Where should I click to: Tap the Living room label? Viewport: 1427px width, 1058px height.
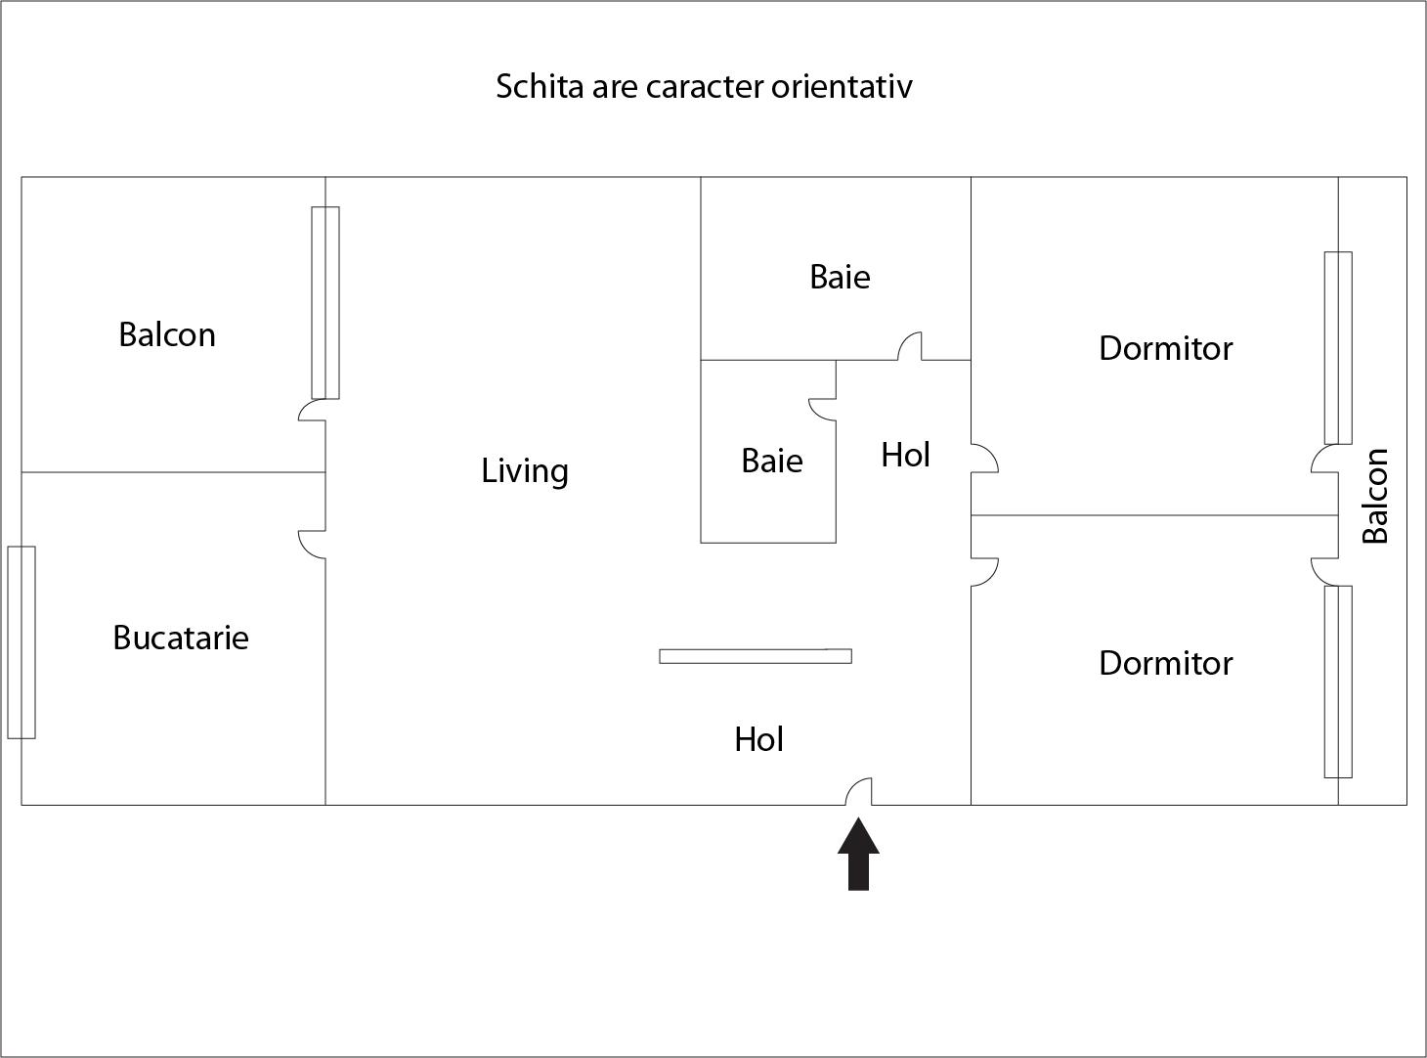525,471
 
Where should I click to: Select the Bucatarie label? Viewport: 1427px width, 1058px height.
181,638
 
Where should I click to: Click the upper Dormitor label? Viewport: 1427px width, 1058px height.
1165,348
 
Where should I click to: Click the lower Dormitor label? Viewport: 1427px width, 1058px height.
1165,663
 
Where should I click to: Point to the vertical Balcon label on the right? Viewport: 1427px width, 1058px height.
1375,495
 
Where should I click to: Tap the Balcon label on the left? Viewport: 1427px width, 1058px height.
167,334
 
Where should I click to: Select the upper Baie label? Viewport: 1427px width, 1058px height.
840,277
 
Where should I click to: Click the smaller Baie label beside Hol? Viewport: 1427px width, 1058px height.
772,461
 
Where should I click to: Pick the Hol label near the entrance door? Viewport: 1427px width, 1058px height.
759,739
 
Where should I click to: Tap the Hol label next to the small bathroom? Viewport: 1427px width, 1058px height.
905,455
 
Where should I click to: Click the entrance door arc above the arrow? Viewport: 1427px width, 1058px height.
859,791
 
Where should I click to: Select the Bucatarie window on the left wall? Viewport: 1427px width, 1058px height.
22,641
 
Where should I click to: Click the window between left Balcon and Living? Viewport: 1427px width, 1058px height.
325,302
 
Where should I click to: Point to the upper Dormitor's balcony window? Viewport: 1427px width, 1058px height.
1338,347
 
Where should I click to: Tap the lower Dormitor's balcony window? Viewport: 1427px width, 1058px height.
1338,682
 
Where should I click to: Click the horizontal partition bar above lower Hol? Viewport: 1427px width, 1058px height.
755,656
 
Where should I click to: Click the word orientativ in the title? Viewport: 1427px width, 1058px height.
842,86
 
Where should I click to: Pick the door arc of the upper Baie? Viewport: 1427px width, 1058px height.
910,346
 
